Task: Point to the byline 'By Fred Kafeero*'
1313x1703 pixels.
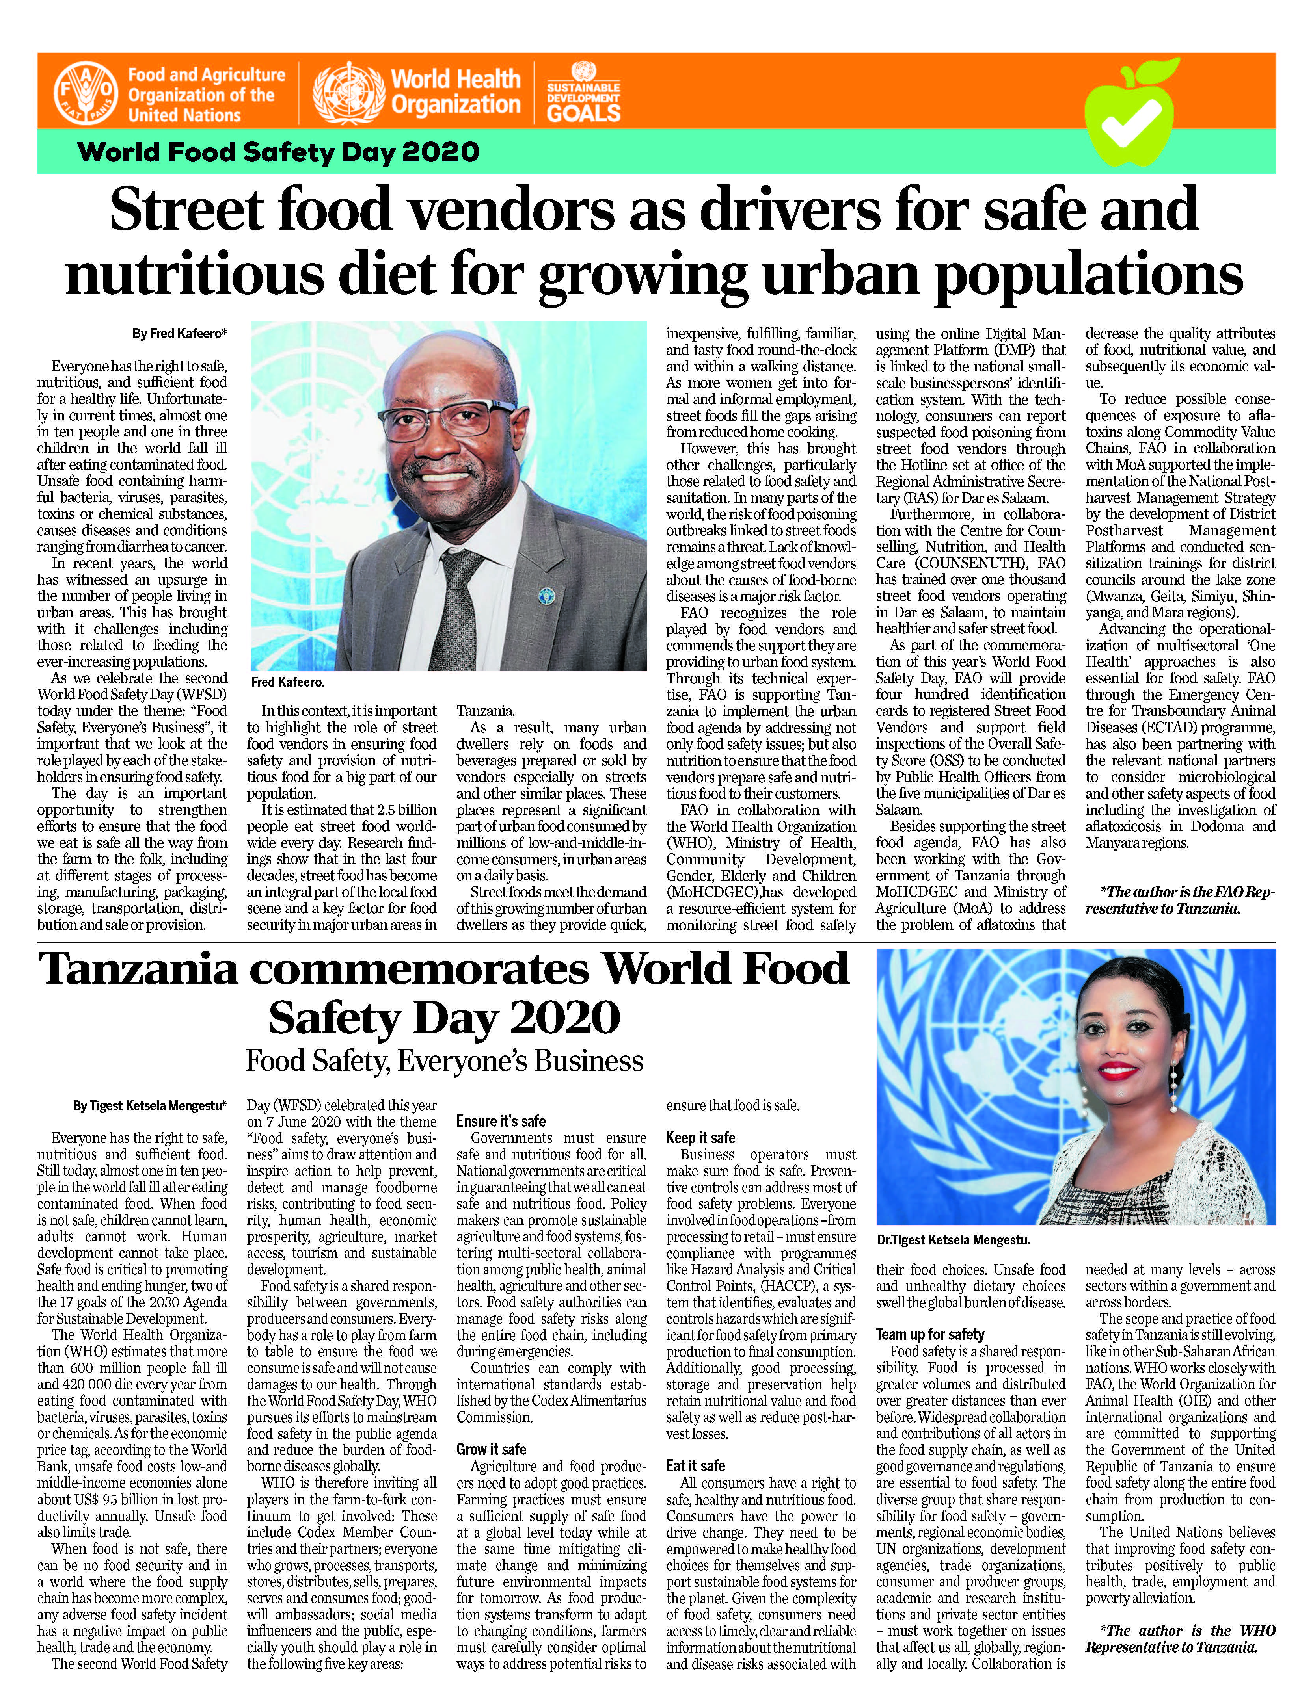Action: coord(179,334)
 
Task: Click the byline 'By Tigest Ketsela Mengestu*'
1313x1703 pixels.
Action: coord(150,1106)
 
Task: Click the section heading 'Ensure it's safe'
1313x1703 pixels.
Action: coord(501,1121)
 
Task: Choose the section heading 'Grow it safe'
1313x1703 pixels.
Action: coord(492,1450)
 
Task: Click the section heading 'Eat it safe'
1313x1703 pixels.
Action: coord(695,1466)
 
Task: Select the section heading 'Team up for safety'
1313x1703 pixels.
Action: coord(930,1334)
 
